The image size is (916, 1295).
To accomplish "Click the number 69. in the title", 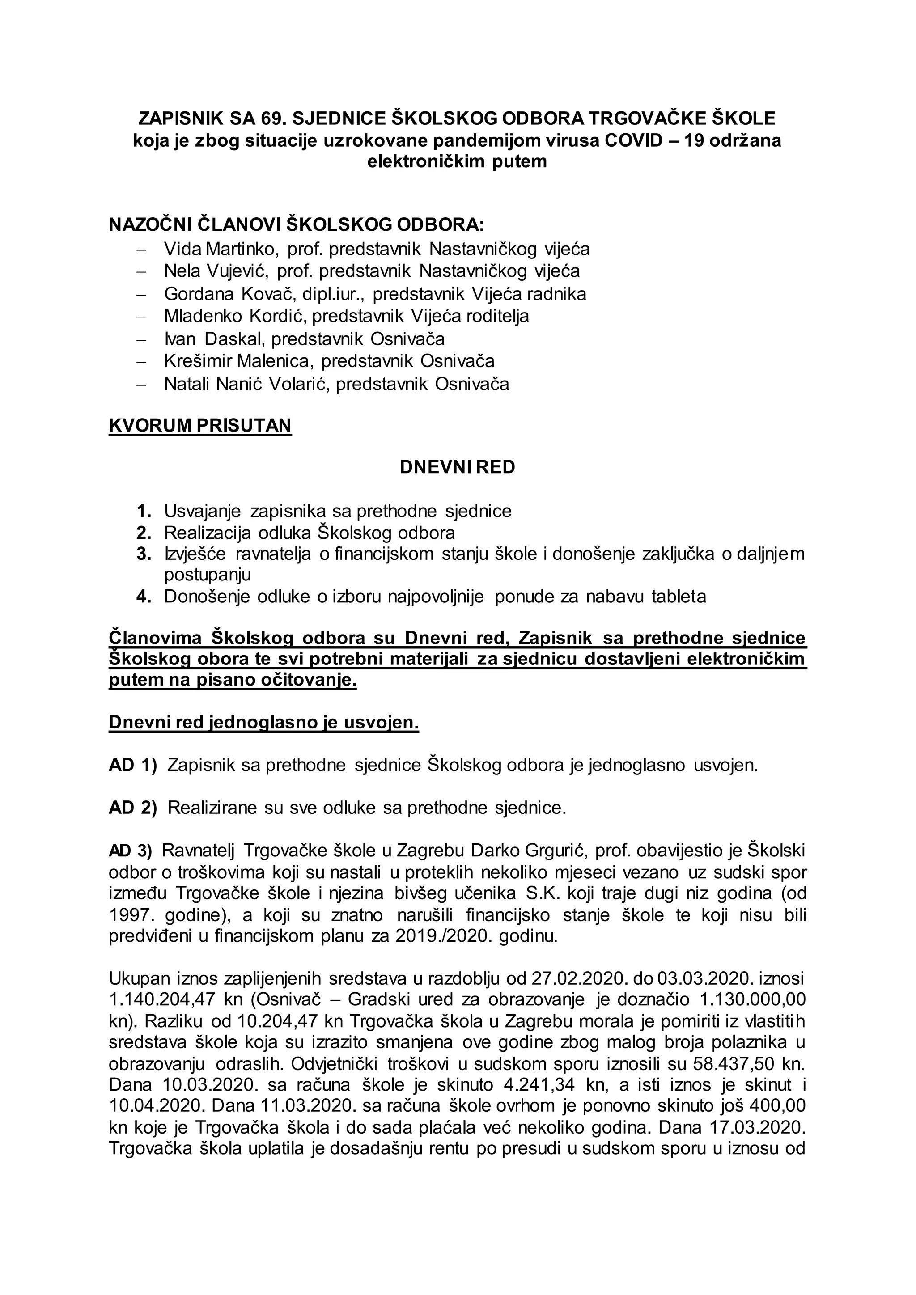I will [x=277, y=118].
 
